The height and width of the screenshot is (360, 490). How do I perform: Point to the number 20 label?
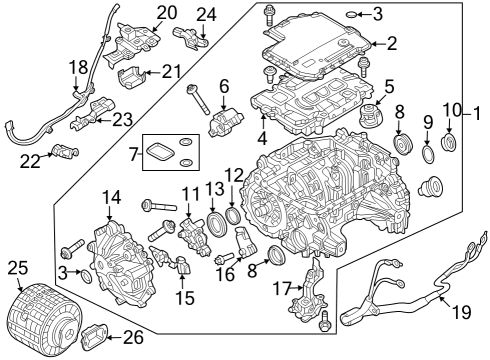coord(166,12)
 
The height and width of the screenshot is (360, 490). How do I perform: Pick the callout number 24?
coord(206,14)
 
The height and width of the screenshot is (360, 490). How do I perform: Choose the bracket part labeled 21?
coord(128,79)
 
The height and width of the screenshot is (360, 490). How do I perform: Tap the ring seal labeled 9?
coord(429,155)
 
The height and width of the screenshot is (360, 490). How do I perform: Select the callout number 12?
coord(233,175)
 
